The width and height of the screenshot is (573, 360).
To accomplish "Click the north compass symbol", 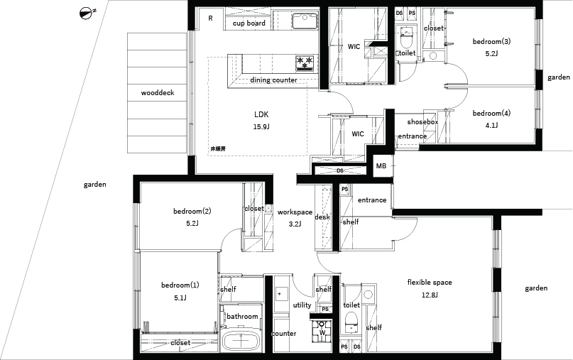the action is coord(86,13).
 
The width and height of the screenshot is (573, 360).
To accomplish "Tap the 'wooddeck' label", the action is coord(158,93).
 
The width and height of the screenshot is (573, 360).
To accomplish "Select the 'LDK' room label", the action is coord(261,114).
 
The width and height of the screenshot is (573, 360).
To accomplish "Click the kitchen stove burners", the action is coord(305,62).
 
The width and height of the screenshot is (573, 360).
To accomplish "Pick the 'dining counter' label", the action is coord(273,80).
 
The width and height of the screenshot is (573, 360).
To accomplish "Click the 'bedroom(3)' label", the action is coord(491,42).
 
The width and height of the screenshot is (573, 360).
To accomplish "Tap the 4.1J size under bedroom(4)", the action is coord(491,126).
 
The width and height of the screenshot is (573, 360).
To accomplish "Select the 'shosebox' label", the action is coord(422,121).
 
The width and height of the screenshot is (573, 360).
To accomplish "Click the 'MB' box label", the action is coord(381,166).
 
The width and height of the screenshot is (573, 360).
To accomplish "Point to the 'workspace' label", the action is coord(295,212).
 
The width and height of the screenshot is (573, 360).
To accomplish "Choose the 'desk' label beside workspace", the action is coord(322,217).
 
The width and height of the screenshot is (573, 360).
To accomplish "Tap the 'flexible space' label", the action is coord(430,283).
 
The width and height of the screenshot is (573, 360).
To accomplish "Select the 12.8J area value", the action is coord(430,295).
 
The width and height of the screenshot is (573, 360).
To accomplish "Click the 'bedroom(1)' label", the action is coord(180,285).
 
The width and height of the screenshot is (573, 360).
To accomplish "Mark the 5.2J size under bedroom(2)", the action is coord(192,223).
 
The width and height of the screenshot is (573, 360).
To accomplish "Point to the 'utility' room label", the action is coord(302,305).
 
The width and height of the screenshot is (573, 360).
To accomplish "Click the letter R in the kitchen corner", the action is coord(210,18).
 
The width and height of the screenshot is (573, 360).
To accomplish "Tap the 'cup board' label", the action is coord(249,23).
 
